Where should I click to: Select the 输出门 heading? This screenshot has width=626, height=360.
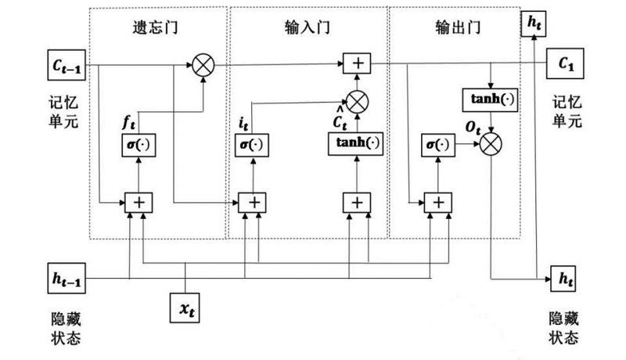455,28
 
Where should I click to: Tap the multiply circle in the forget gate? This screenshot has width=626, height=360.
204,63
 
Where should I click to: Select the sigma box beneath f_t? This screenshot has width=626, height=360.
139,145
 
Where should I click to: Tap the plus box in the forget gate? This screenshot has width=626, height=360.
139,202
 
